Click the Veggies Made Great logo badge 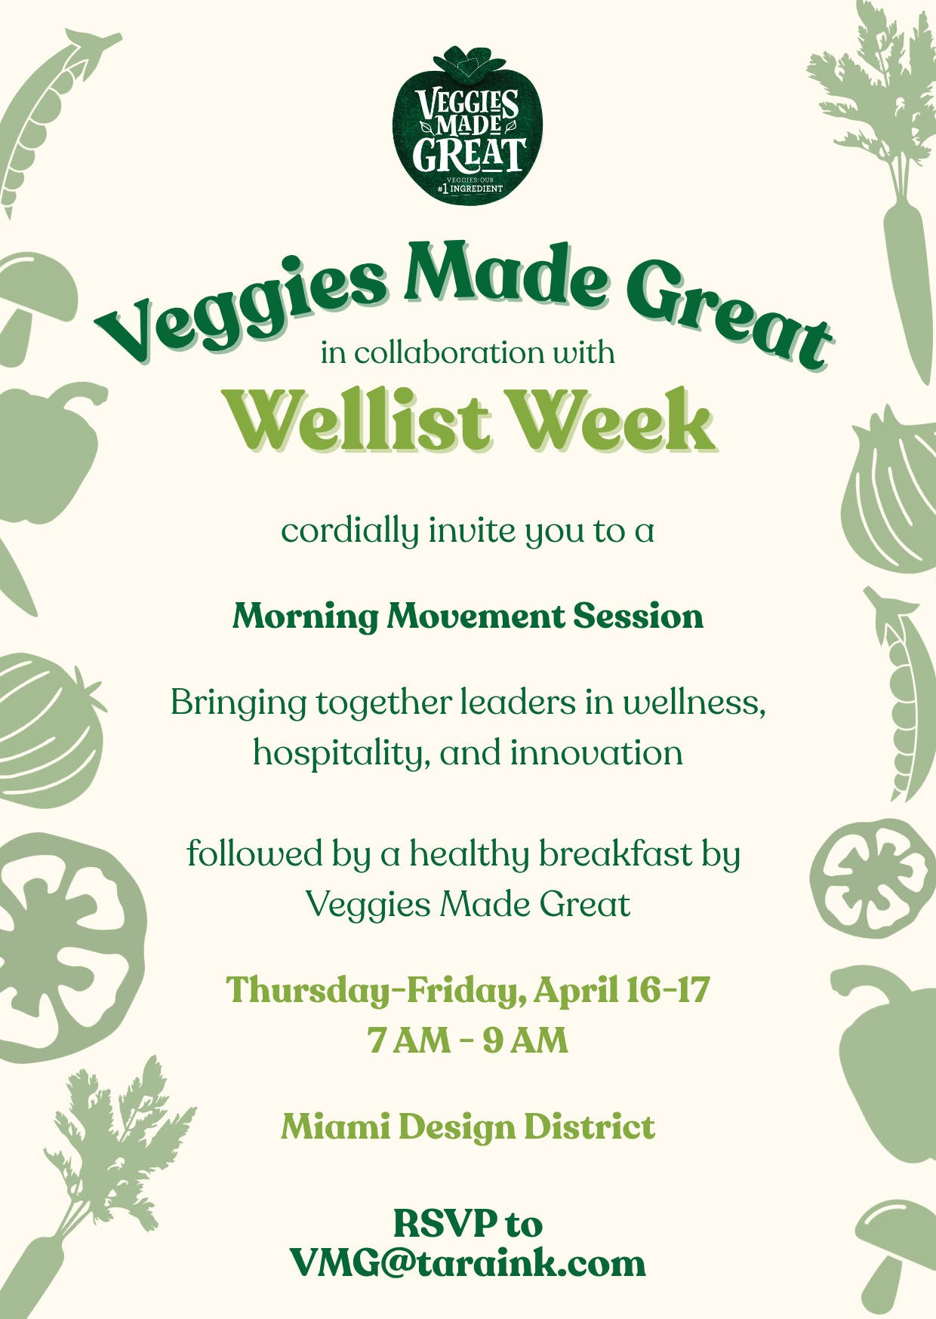coord(468,125)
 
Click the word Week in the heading coord(613,420)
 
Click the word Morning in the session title coord(305,617)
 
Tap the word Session coord(638,616)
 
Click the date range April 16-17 coord(622,990)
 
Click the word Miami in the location coord(336,1127)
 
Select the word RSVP coord(445,1223)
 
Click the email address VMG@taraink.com coord(468,1263)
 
